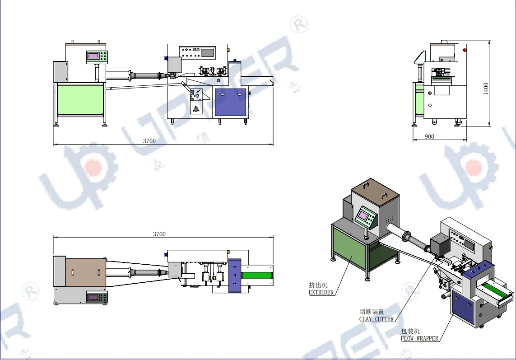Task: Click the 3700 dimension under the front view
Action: coord(149,141)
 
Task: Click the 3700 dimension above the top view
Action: coord(159,234)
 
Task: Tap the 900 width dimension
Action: coord(430,136)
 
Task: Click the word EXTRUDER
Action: coord(321,292)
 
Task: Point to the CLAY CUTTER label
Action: coord(376,319)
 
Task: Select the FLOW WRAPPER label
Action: coord(419,338)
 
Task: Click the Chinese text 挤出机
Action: coord(318,285)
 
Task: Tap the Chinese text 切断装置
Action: coord(372,312)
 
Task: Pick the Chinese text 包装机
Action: coord(410,331)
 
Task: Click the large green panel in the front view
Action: coord(81,98)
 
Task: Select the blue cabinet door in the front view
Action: coord(231,102)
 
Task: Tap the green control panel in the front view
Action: coord(97,56)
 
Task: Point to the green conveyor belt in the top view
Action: coord(258,275)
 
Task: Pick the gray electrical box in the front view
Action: coord(60,72)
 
